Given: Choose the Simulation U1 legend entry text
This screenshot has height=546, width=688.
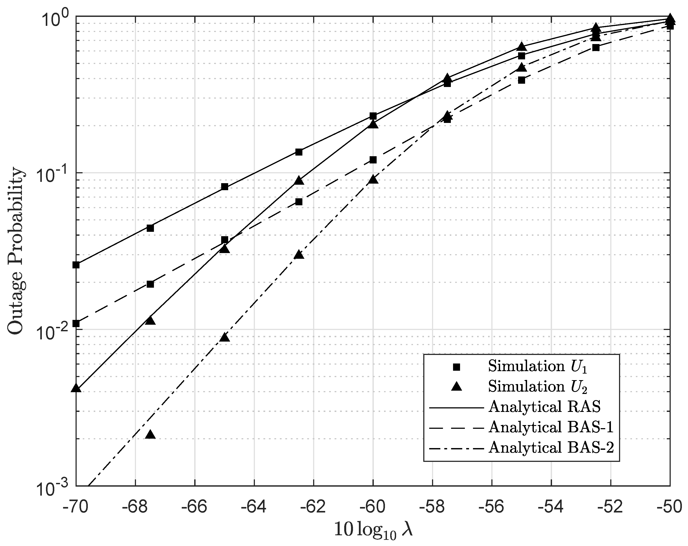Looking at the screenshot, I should tap(537, 367).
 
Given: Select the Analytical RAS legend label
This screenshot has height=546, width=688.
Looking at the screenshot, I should tap(544, 407).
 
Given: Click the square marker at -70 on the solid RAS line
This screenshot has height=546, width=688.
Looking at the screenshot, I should tap(76, 265).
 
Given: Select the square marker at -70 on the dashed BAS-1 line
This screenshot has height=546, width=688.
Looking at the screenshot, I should tap(76, 324).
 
